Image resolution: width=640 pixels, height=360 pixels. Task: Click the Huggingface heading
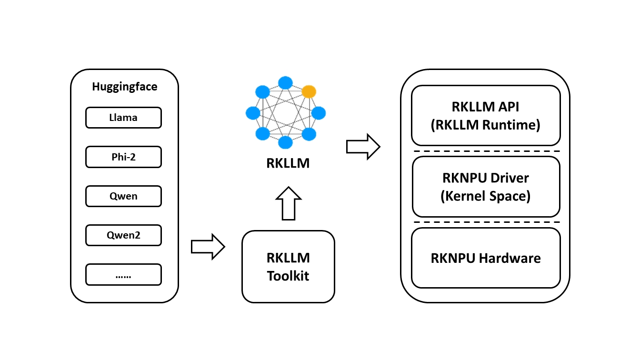tap(124, 87)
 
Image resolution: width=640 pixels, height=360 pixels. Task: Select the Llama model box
tap(123, 118)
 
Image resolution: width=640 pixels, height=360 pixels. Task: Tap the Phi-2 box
tap(123, 157)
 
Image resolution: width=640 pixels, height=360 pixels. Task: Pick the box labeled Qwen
tap(123, 196)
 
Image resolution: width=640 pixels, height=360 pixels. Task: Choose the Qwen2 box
tap(123, 235)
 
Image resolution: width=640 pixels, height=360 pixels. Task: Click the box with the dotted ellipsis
tap(123, 274)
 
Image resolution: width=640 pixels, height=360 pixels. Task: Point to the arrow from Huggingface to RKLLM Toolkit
tap(208, 247)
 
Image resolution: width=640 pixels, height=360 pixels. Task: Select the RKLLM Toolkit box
tap(288, 267)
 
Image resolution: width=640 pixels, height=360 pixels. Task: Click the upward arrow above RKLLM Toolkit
tap(289, 203)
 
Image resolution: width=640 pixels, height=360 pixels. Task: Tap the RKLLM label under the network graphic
tap(288, 164)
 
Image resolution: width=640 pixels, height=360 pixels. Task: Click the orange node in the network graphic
tap(309, 91)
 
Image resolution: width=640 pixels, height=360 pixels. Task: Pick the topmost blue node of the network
tap(285, 82)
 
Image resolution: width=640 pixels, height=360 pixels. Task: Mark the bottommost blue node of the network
tap(285, 142)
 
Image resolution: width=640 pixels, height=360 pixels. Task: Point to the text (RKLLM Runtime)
tap(486, 125)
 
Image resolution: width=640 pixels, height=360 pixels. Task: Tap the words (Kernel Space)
tap(486, 196)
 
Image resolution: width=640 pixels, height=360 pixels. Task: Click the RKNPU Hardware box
tap(486, 259)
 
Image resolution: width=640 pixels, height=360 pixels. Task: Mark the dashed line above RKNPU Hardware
tap(486, 222)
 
